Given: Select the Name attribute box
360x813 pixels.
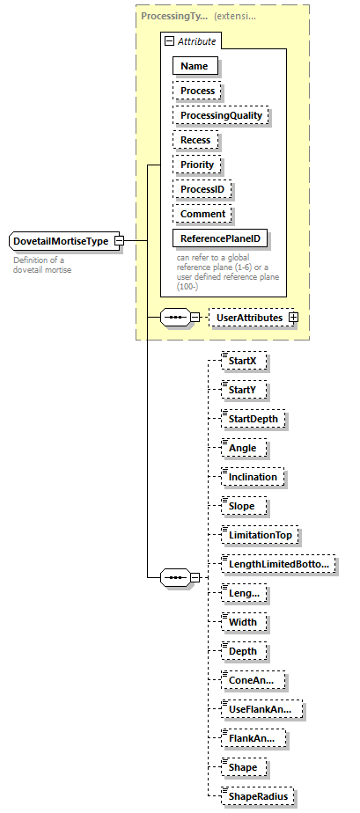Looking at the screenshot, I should (x=195, y=66).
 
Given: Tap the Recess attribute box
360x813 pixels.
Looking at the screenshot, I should (x=196, y=140).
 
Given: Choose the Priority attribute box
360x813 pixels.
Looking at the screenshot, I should (x=197, y=165).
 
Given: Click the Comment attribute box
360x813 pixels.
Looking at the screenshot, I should (x=202, y=214).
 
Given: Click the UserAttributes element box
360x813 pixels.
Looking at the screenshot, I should (x=250, y=317).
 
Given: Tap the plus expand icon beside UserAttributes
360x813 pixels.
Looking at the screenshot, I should (x=293, y=317).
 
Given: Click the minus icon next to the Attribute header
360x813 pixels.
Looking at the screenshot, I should (x=168, y=41).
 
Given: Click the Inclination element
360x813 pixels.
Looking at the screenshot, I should (x=252, y=477).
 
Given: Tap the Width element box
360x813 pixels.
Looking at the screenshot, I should (x=242, y=622).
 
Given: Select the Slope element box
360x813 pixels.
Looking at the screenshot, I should (x=242, y=506).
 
